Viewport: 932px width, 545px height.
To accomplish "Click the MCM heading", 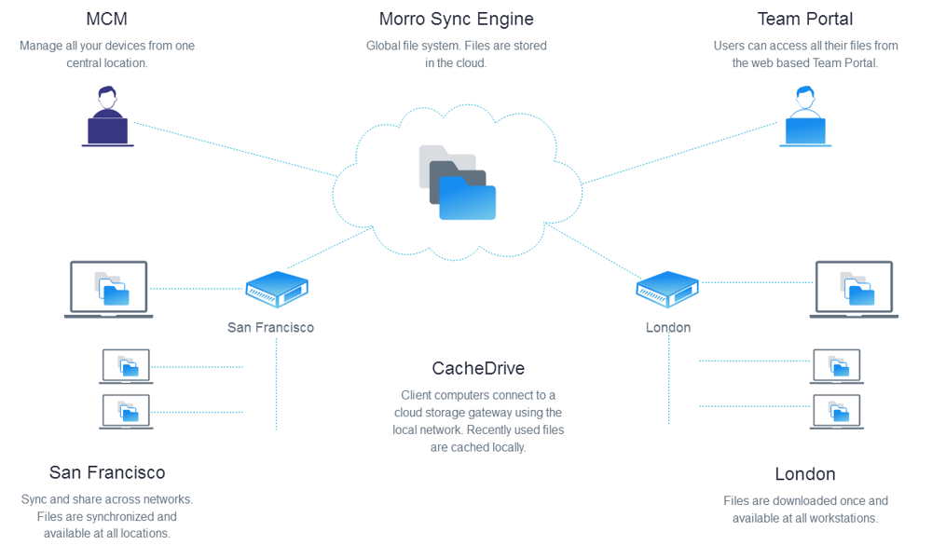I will pos(106,19).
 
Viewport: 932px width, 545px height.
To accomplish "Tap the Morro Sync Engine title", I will pos(456,19).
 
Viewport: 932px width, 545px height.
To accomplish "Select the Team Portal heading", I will pos(804,19).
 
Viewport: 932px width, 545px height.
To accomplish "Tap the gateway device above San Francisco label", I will pos(277,290).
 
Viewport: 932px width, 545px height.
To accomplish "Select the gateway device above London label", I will pos(667,290).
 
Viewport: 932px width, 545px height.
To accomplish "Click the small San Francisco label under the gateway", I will pos(270,328).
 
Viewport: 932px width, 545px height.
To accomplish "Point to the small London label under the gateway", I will pos(668,328).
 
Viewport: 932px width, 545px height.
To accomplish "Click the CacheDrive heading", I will pos(478,368).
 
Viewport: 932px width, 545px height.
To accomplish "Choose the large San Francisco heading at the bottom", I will pos(107,472).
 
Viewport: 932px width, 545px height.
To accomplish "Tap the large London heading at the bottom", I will pos(805,474).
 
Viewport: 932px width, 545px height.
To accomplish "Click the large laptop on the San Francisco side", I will pos(109,289).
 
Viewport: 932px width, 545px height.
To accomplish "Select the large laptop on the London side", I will pos(854,289).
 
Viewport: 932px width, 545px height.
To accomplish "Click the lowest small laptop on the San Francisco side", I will pos(126,411).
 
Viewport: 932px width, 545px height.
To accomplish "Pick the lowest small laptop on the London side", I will pos(837,411).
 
